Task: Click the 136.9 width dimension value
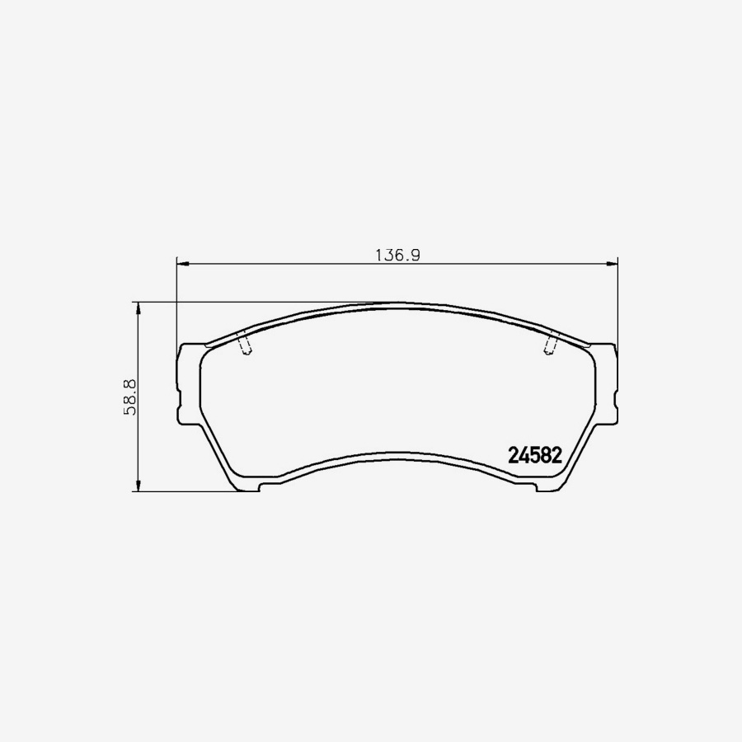(x=398, y=256)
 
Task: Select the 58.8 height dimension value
(x=129, y=397)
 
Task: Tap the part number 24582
(x=535, y=456)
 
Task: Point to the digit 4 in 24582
(x=524, y=456)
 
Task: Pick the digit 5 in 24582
(x=535, y=456)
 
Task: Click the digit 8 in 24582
(x=546, y=456)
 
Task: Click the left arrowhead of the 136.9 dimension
(x=183, y=263)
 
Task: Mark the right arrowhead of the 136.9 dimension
(x=613, y=263)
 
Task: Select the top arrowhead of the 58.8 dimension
(x=139, y=308)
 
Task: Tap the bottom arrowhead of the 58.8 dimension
(x=139, y=486)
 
